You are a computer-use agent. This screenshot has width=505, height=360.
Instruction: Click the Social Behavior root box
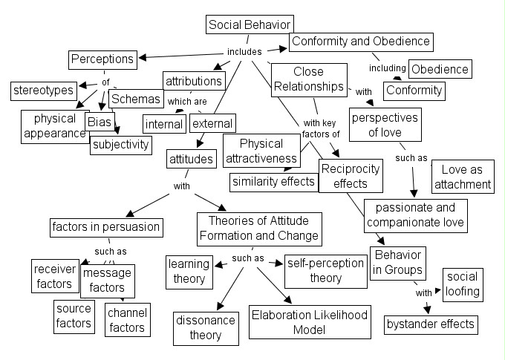(250, 24)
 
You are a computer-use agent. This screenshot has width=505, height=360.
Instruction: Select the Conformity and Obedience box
(360, 42)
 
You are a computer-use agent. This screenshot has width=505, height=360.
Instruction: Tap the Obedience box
(440, 69)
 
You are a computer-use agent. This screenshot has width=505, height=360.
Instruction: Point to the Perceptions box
(102, 58)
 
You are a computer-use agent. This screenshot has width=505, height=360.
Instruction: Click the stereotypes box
(43, 91)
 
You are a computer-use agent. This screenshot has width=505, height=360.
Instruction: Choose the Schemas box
(135, 99)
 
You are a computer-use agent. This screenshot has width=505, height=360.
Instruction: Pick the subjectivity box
(120, 144)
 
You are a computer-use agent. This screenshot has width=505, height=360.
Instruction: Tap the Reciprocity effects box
(350, 176)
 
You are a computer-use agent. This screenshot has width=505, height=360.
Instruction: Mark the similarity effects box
(273, 181)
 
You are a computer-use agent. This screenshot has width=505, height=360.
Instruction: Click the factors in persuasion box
(105, 226)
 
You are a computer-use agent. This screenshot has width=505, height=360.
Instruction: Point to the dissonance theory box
(205, 327)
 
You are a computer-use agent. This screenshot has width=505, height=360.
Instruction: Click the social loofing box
(462, 284)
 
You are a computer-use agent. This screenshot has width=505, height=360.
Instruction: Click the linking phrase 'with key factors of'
(321, 128)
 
